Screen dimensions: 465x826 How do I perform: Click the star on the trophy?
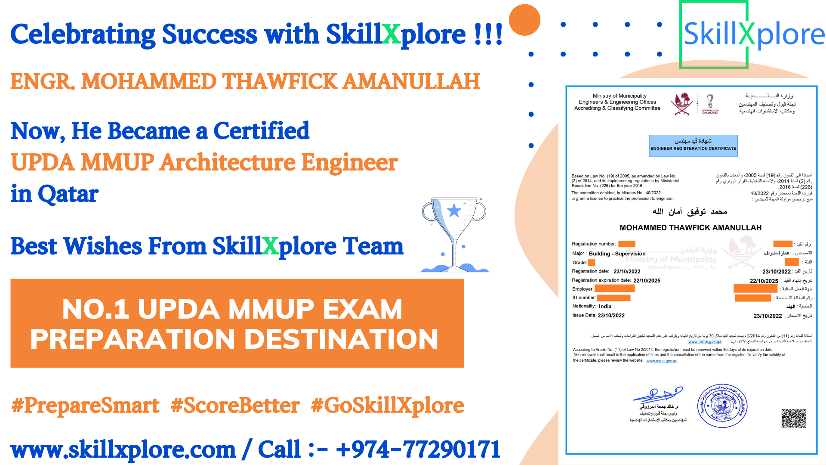(x=454, y=211)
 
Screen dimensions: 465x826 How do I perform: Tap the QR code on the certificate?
(x=793, y=418)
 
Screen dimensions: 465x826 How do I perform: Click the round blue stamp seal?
(x=722, y=406)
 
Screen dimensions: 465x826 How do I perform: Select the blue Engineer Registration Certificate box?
(x=693, y=146)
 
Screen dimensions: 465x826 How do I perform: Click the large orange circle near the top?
(x=524, y=20)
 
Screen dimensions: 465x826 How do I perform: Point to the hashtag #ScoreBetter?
(x=235, y=406)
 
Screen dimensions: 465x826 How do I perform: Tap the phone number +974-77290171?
(x=418, y=449)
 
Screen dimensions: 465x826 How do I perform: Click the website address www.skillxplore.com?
(x=123, y=449)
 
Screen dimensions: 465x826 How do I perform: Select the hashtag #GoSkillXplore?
(x=387, y=406)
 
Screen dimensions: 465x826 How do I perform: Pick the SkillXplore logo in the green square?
(x=753, y=34)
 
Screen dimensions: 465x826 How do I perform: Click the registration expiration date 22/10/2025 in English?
(x=647, y=281)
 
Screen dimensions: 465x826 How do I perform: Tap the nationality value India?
(x=605, y=307)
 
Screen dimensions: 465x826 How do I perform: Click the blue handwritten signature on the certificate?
(x=657, y=394)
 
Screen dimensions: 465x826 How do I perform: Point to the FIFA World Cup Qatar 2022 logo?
(x=710, y=104)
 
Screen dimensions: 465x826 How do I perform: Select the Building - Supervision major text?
(x=617, y=254)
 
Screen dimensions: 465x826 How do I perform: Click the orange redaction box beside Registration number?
(x=627, y=244)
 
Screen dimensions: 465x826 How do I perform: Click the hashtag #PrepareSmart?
(x=85, y=406)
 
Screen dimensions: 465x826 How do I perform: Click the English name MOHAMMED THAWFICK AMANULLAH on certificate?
(x=690, y=228)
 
